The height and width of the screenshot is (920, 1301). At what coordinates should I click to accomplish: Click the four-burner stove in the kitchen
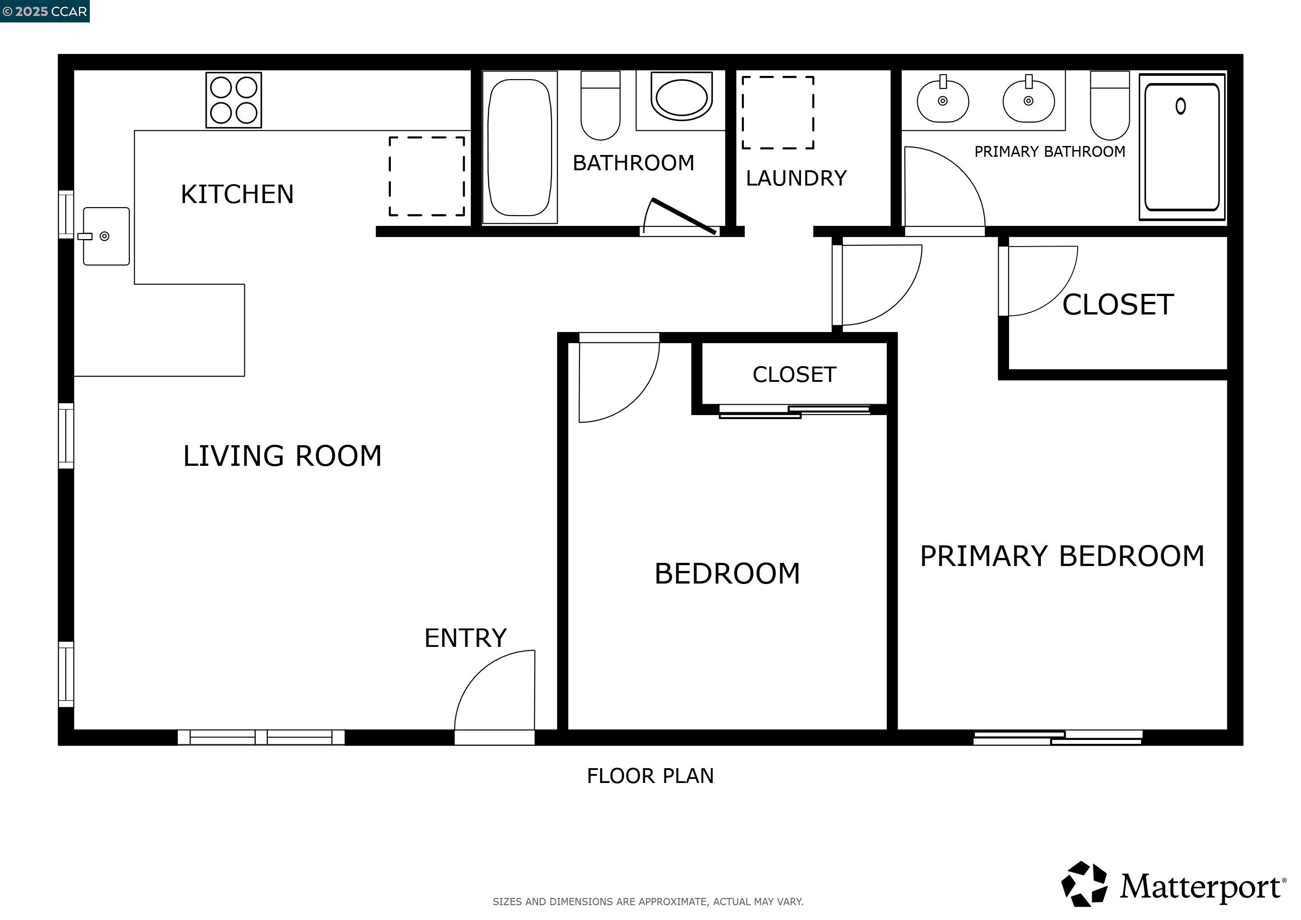point(234,100)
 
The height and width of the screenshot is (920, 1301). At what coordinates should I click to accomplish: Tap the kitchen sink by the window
point(106,236)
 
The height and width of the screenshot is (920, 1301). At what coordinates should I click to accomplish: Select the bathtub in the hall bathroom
point(520,147)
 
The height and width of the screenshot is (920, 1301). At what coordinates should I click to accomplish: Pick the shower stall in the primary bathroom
point(1182,147)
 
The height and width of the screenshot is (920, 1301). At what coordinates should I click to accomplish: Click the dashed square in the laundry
point(778,113)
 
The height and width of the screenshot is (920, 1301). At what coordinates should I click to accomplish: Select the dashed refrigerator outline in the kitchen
point(427,176)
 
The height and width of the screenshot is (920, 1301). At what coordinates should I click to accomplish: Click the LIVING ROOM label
point(282,456)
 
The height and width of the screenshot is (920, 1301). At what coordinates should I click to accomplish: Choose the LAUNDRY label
point(796,178)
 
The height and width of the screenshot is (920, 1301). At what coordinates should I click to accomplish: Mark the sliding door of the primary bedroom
point(1058,738)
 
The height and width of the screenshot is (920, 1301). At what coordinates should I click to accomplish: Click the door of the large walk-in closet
point(1040,280)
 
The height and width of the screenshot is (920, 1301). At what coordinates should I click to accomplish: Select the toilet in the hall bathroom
point(600,106)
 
